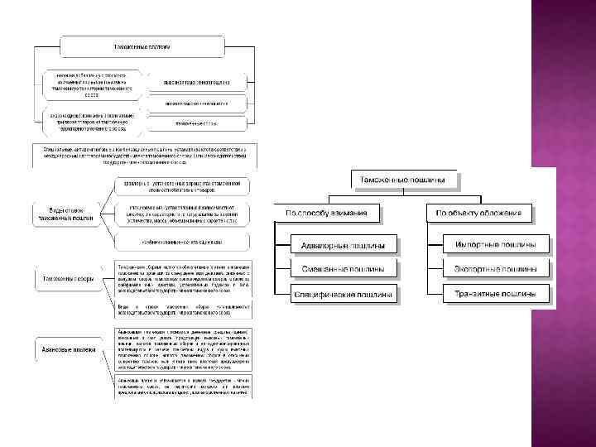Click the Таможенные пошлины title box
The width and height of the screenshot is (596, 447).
point(405,180)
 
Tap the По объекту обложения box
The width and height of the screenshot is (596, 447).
point(480,214)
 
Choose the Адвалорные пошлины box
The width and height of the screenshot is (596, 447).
point(344,246)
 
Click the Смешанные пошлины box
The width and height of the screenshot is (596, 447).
point(344,270)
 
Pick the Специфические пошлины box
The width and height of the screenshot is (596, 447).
point(344,294)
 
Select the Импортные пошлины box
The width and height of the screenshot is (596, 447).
point(496,246)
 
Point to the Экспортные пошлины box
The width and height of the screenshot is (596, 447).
point(496,270)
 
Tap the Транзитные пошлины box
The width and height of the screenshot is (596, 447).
point(496,294)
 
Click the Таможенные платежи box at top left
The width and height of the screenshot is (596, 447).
point(141,46)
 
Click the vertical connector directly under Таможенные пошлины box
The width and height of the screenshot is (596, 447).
point(404,194)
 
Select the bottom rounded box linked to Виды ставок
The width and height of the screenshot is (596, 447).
point(182,241)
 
